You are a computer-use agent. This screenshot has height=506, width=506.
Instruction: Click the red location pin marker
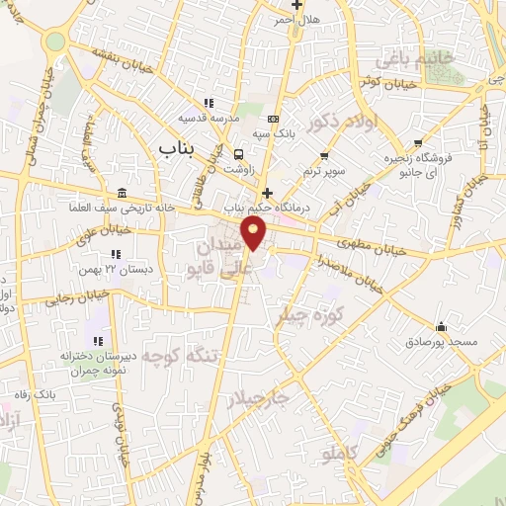[255, 235]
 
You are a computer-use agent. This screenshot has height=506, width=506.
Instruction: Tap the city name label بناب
[179, 146]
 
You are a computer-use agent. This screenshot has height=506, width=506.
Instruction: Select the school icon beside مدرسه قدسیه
[208, 102]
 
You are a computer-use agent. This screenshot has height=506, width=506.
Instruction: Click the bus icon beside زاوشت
[237, 154]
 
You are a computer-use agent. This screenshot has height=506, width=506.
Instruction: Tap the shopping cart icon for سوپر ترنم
[324, 155]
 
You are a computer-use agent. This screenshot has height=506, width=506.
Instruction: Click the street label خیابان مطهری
[371, 240]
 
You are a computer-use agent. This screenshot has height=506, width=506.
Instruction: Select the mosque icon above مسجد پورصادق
[441, 327]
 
